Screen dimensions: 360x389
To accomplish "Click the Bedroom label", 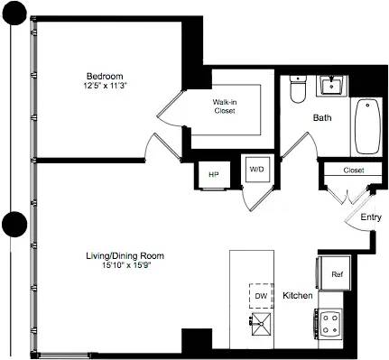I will [105, 75].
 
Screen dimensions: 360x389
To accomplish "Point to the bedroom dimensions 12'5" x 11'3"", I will [105, 85].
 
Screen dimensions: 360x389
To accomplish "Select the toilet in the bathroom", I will [299, 90].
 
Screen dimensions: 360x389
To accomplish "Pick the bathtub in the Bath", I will [365, 126].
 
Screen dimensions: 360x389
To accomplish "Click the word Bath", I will [322, 118].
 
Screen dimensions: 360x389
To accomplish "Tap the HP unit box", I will [214, 174].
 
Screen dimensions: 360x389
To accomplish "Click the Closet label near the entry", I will [352, 171].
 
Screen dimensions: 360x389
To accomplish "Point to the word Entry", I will [371, 217].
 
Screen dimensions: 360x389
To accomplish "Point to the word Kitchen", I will [298, 296].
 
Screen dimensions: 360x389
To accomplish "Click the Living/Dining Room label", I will [108, 256].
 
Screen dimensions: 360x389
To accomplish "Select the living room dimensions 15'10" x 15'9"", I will [108, 266].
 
